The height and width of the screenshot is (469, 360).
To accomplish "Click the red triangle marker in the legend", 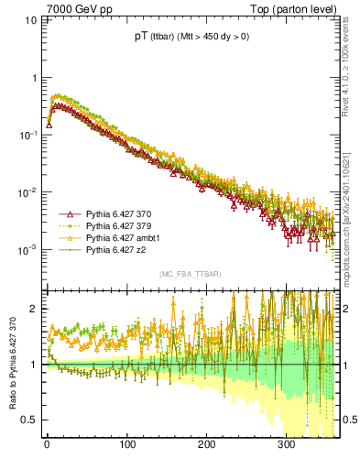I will pos(69,213).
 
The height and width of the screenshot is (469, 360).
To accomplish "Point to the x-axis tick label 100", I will pos(126,445).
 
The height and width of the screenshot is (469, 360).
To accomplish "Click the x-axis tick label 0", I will pos(47,445).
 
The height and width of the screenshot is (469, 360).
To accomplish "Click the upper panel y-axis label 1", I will pos(33,78).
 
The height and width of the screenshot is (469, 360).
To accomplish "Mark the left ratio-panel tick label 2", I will pos(33,309).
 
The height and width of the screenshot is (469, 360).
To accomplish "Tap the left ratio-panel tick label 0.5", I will pos(29,420).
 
